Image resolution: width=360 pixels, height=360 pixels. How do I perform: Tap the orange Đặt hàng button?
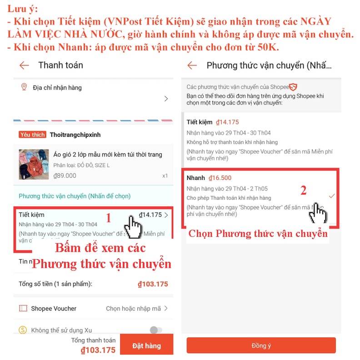146,345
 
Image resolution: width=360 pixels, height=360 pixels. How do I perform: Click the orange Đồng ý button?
261,345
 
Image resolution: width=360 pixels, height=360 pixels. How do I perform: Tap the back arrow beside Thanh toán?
24,65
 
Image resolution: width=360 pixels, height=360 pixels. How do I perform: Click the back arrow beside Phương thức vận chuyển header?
192,65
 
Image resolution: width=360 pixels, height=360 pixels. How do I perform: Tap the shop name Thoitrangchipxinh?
75,135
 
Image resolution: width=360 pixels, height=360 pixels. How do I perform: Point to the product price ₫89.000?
65,175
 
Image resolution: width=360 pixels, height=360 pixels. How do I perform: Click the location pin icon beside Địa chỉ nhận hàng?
24,87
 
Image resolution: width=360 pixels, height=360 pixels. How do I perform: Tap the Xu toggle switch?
156,330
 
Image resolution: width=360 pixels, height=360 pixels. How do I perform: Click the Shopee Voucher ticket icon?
23,309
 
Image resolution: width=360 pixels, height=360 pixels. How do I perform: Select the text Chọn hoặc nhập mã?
133,309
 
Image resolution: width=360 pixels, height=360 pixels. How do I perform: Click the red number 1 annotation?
108,219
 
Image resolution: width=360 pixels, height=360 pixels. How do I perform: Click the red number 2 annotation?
303,190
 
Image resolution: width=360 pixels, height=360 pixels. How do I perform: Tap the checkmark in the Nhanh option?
332,195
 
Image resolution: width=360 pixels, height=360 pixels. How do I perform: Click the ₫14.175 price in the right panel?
227,122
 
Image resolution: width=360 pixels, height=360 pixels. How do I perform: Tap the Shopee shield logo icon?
294,87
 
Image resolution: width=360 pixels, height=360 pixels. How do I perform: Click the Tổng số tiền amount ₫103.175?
153,284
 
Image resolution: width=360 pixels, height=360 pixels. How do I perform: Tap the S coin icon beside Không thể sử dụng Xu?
23,330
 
